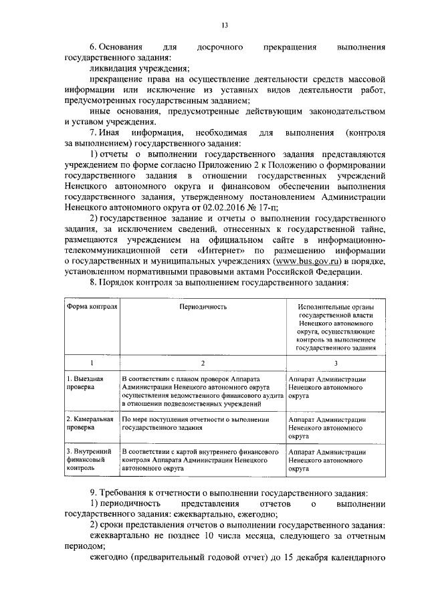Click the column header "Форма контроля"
point(92,306)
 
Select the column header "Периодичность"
point(202,306)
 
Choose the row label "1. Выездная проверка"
point(85,382)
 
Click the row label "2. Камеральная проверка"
point(90,423)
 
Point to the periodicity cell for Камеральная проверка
point(195,423)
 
